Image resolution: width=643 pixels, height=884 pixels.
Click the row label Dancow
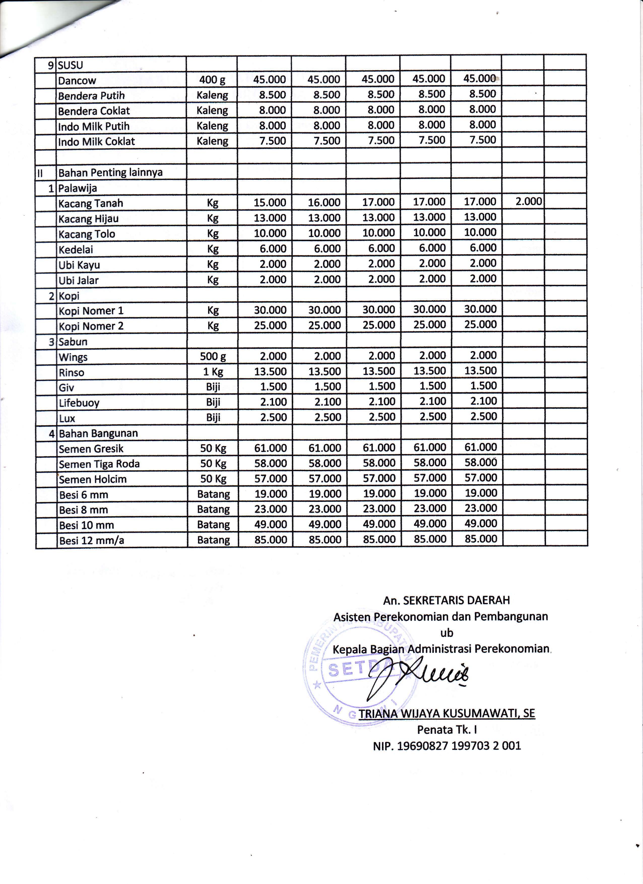(x=77, y=80)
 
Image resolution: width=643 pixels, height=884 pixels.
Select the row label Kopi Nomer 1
(x=91, y=311)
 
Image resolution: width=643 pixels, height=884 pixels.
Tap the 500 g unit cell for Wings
(x=212, y=356)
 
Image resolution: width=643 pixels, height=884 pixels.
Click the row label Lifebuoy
(x=79, y=403)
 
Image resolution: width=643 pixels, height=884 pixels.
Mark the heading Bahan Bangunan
(x=98, y=433)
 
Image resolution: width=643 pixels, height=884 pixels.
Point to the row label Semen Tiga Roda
(x=99, y=464)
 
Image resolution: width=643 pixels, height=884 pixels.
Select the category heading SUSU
(x=71, y=65)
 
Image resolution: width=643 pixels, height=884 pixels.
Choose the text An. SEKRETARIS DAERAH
(x=446, y=600)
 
